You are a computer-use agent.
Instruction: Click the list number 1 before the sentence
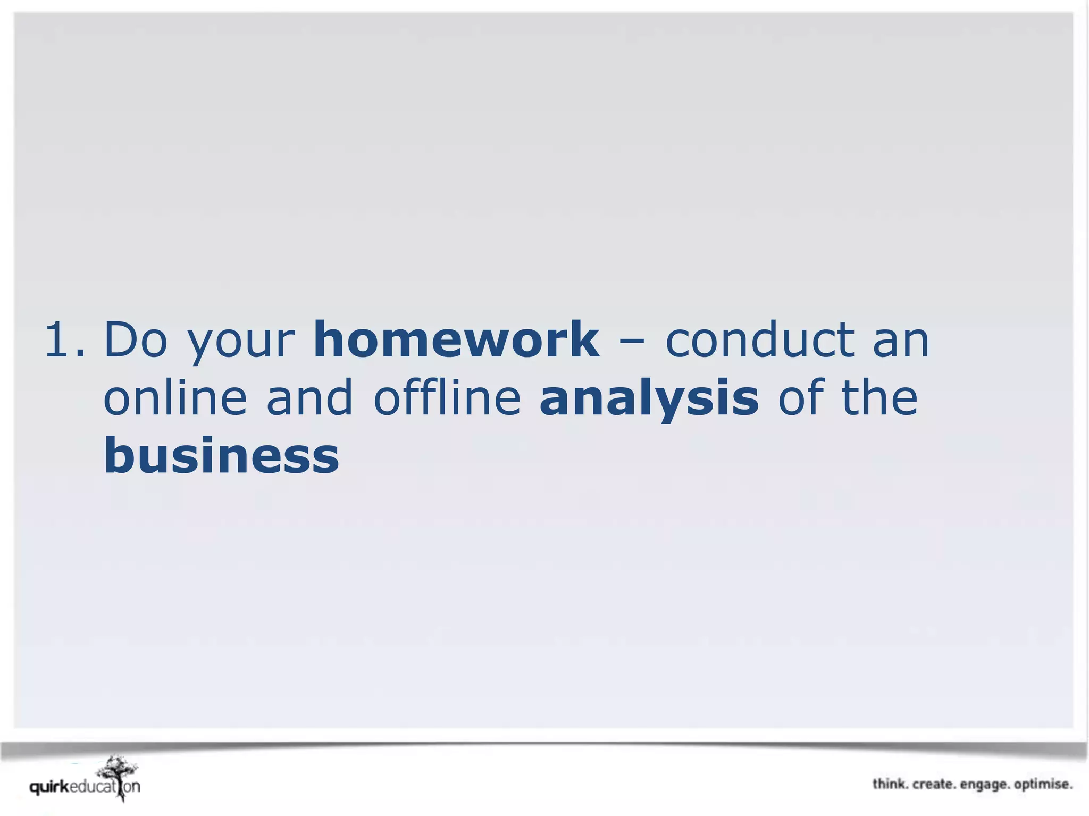coord(64,340)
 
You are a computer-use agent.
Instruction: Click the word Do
coord(136,340)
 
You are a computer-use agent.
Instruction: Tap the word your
coord(241,343)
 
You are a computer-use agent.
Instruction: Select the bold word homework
coord(456,340)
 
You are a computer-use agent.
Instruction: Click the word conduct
coord(760,340)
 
